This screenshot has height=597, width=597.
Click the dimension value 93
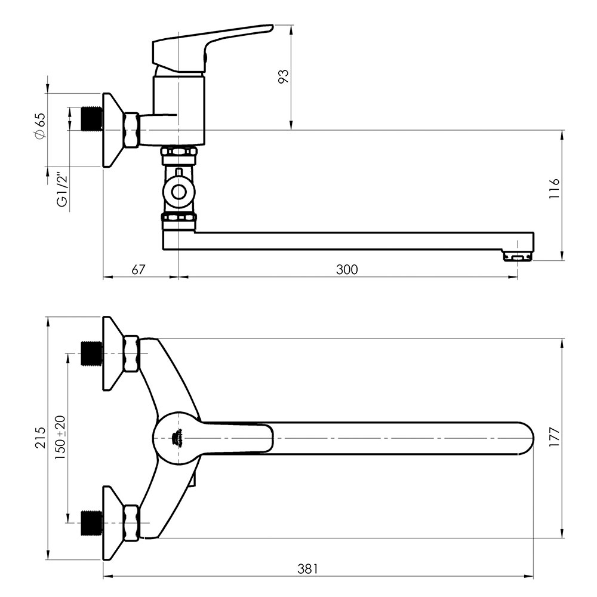pos(284,76)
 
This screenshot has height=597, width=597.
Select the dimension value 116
pos(555,188)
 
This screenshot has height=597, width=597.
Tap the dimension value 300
pos(347,270)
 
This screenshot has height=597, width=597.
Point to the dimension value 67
pos(139,270)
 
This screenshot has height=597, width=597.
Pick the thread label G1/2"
pos(62,190)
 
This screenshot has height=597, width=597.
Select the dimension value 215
pos(40,438)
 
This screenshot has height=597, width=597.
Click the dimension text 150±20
pos(60,438)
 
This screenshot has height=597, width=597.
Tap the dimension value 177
pos(555,438)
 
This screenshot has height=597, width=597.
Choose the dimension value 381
pos(307,569)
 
